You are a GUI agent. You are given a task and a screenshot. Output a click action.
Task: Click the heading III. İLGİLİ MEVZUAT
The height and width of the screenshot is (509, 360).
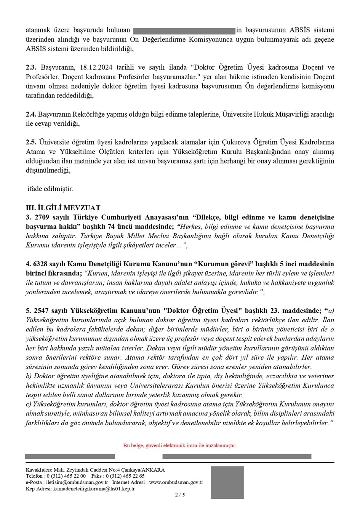pos(63,208)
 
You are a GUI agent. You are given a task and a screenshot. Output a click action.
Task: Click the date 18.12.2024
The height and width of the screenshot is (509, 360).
pos(95,68)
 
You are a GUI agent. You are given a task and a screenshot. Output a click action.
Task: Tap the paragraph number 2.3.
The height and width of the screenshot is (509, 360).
pos(31,68)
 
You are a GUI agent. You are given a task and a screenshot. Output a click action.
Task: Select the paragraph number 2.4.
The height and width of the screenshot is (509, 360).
pos(31,114)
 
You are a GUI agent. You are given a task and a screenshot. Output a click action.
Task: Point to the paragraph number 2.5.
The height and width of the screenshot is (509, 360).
pos(31,142)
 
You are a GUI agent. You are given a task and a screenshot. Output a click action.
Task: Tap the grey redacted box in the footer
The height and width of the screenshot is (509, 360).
pos(227,482)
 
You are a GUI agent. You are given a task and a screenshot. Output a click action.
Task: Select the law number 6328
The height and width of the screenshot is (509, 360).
pos(41,264)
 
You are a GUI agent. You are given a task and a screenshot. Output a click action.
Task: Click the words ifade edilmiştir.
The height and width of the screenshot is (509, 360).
pos(50,189)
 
